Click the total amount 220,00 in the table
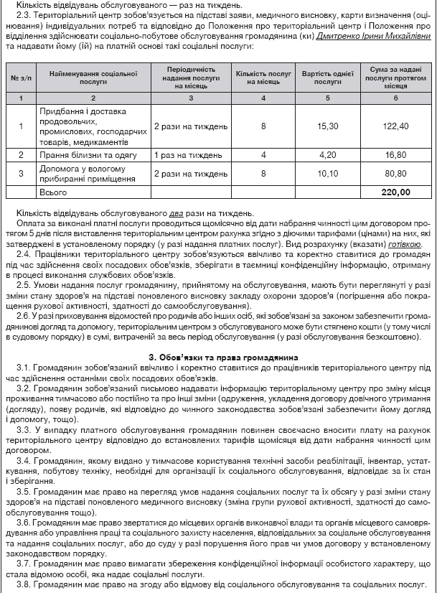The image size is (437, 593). [x=396, y=192]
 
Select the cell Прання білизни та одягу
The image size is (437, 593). [x=85, y=154]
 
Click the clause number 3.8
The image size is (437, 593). [x=24, y=585]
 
